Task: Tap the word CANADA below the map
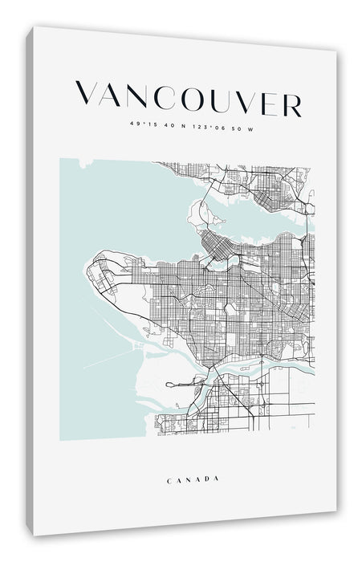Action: tap(193, 479)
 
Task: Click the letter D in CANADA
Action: tap(207, 480)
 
